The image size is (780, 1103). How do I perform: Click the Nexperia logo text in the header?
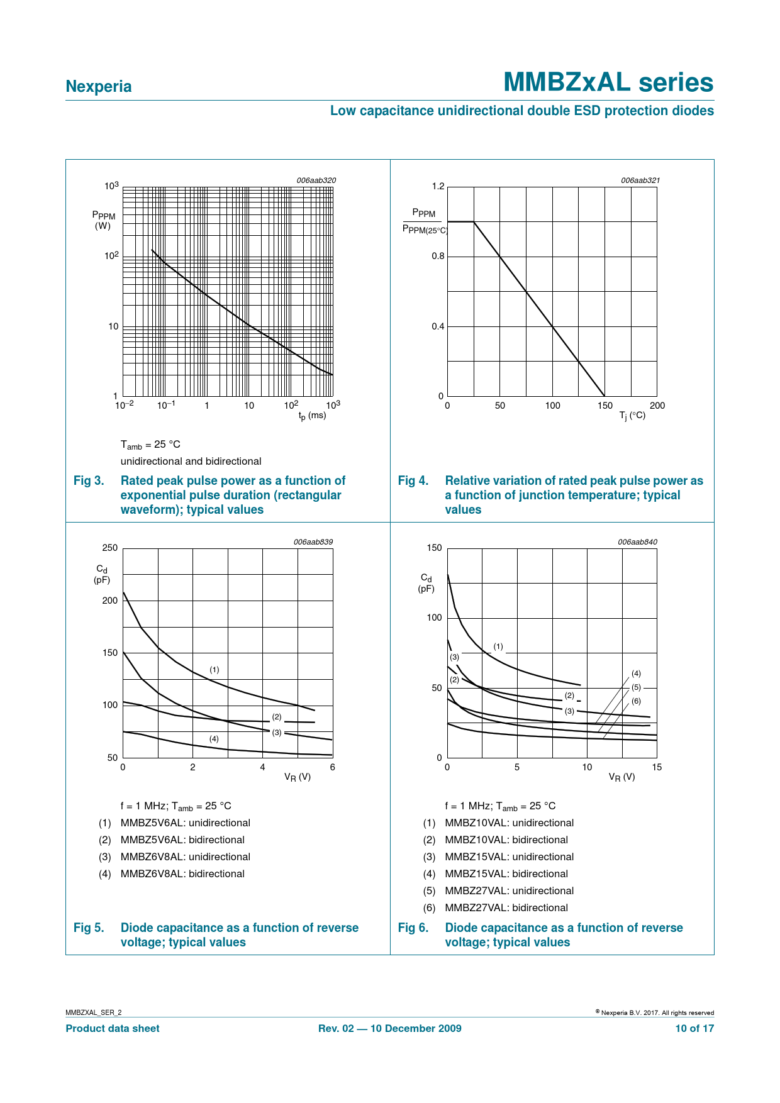pyautogui.click(x=99, y=87)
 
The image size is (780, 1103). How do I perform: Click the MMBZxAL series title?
pyautogui.click(x=608, y=82)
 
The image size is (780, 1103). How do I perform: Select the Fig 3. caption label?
pyautogui.click(x=89, y=481)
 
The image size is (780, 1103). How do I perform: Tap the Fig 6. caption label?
pyautogui.click(x=413, y=928)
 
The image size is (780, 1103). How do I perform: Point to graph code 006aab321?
pyautogui.click(x=640, y=180)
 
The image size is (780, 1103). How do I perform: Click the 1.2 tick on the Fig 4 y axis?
pyautogui.click(x=438, y=186)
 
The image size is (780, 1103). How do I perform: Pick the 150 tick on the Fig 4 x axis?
pyautogui.click(x=605, y=406)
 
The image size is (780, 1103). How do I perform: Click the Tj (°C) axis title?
pyautogui.click(x=632, y=416)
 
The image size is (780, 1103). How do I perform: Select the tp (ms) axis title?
pyautogui.click(x=312, y=416)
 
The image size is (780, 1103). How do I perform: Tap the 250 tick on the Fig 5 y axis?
pyautogui.click(x=110, y=548)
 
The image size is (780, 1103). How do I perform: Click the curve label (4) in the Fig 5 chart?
pyautogui.click(x=214, y=739)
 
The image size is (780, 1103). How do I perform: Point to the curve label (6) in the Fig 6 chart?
pyautogui.click(x=636, y=701)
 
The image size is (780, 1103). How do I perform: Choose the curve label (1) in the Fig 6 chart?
pyautogui.click(x=498, y=646)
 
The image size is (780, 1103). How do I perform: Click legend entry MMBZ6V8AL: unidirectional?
pyautogui.click(x=186, y=857)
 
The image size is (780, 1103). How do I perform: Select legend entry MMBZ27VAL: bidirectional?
pyautogui.click(x=506, y=908)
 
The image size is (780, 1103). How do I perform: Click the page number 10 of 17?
pyautogui.click(x=694, y=1029)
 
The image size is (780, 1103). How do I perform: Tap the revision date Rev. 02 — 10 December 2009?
pyautogui.click(x=390, y=1029)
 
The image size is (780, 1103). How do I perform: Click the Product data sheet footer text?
pyautogui.click(x=113, y=1029)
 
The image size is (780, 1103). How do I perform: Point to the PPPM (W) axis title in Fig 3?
pyautogui.click(x=103, y=221)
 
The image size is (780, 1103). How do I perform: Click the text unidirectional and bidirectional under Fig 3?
pyautogui.click(x=191, y=462)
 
